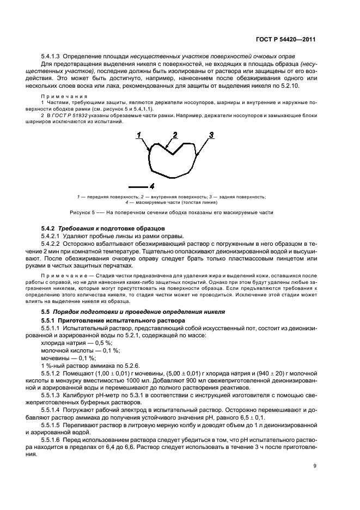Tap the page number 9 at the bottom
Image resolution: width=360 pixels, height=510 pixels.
315,465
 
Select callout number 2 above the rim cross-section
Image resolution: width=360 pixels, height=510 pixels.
175,135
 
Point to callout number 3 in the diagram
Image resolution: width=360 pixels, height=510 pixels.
211,134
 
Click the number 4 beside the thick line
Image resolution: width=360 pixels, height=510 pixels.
152,186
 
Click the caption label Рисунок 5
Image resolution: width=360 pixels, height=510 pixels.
82,212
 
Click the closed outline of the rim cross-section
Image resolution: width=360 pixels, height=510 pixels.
150,163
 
